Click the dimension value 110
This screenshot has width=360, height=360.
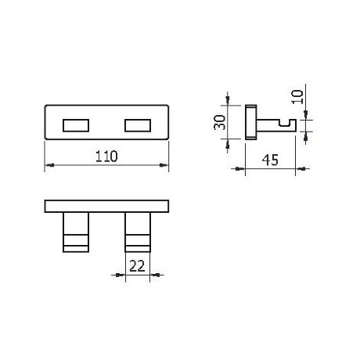tap(106, 156)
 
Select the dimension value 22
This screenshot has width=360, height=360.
tap(138, 265)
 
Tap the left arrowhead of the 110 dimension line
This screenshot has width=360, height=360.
tap(49, 165)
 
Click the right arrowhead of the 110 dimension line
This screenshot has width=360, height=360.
tap(165, 165)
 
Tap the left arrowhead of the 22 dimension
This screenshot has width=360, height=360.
tap(122, 275)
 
